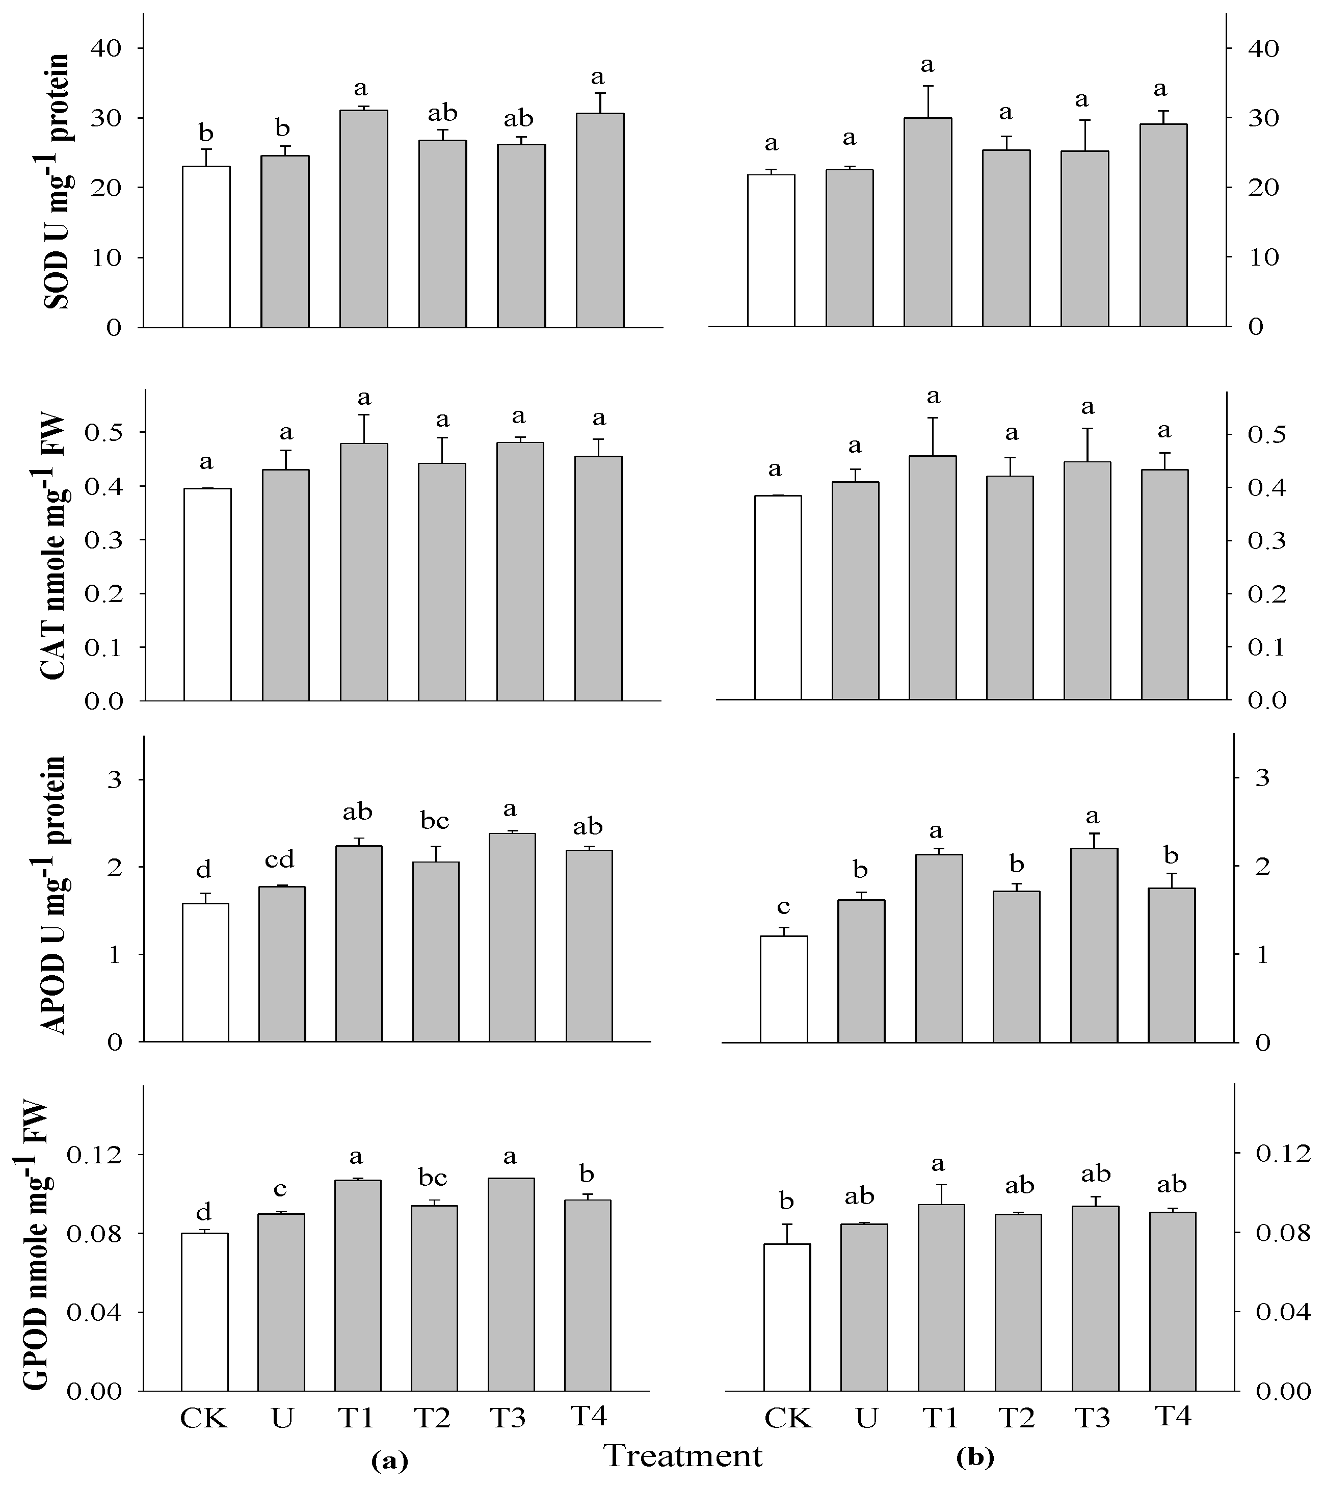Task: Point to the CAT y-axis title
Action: click(57, 547)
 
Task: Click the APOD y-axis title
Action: click(57, 895)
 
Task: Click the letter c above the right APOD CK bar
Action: click(783, 907)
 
